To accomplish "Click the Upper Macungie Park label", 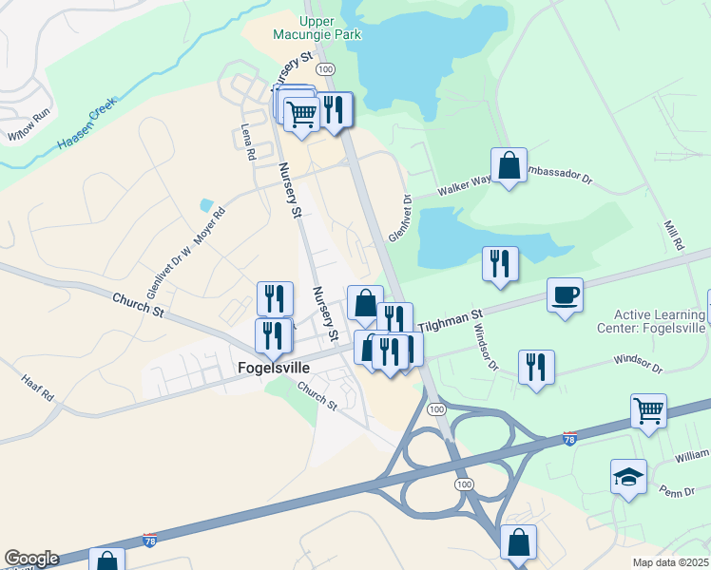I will (317, 29).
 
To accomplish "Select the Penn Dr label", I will (678, 492).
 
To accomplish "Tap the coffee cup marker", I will (565, 294).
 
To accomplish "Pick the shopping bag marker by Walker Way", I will (509, 165).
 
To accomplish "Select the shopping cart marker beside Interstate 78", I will (647, 410).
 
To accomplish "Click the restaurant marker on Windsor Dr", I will (536, 367).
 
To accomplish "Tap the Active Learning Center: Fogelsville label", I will (659, 321).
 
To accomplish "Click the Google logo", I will (31, 559).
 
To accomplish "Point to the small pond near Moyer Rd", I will (206, 204).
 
